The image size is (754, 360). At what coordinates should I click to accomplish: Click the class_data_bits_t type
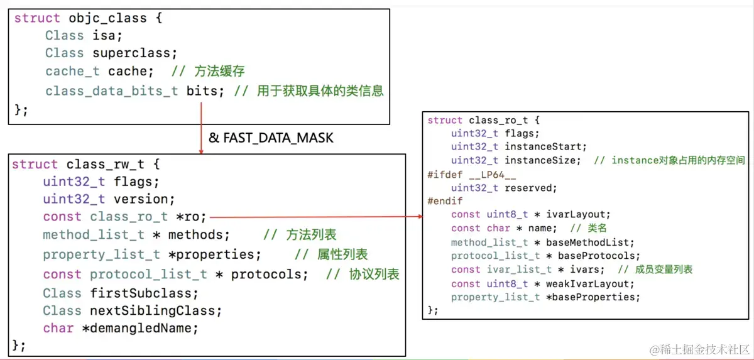[x=112, y=91]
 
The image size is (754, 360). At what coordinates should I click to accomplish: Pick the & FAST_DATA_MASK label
[x=271, y=137]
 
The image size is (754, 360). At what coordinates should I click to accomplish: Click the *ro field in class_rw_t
[x=190, y=217]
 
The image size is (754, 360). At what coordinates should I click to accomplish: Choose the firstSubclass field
[x=145, y=293]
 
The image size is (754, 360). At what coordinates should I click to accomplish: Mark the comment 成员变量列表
[x=655, y=270]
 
